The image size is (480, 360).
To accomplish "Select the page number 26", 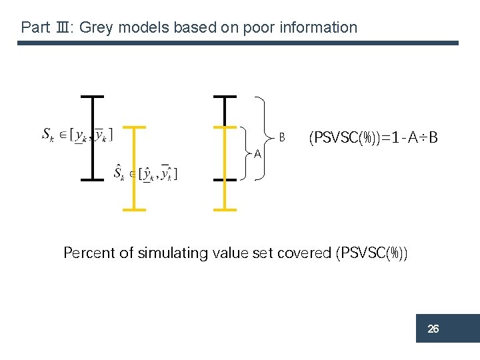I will (x=433, y=329).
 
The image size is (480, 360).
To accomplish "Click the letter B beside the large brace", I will (x=282, y=137).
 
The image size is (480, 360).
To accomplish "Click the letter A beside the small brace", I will (x=257, y=155).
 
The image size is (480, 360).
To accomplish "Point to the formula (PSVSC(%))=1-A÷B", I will (x=373, y=138).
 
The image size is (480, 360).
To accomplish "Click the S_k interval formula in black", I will (x=77, y=135).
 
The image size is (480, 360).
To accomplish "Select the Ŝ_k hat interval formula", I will (x=145, y=174).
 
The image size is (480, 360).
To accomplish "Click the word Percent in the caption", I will (x=87, y=253).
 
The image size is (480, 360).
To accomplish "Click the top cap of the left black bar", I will (x=92, y=97).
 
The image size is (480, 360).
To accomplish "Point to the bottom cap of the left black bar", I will (x=92, y=179).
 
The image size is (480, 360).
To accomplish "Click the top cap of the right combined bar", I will (x=225, y=97).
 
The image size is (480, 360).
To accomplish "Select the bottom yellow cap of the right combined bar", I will (x=225, y=209).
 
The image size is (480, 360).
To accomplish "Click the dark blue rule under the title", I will (x=238, y=43).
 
